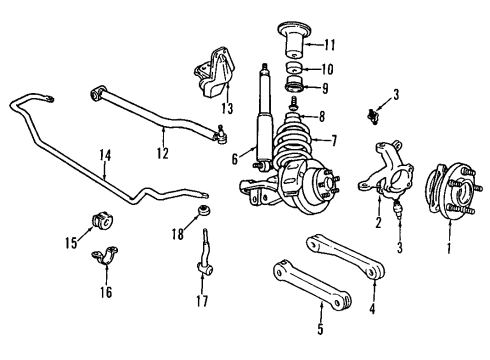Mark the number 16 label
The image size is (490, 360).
pyautogui.click(x=106, y=292)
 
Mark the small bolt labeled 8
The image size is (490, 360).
pyautogui.click(x=296, y=101)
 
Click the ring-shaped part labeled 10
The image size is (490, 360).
pyautogui.click(x=295, y=68)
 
